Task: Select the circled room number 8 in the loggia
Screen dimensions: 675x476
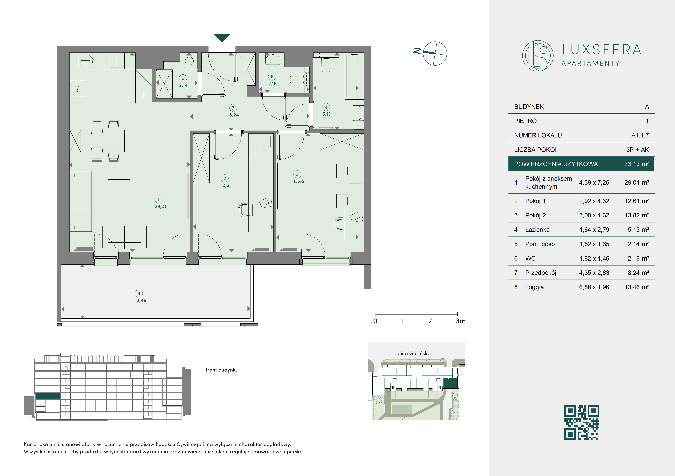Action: point(139,293)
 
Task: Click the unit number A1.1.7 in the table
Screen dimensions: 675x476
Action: point(640,135)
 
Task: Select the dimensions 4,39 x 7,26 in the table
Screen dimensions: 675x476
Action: point(594,182)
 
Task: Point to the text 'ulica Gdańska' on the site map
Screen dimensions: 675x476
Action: point(413,353)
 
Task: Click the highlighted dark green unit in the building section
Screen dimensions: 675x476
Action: point(48,396)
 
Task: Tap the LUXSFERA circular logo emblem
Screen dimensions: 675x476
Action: point(538,56)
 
